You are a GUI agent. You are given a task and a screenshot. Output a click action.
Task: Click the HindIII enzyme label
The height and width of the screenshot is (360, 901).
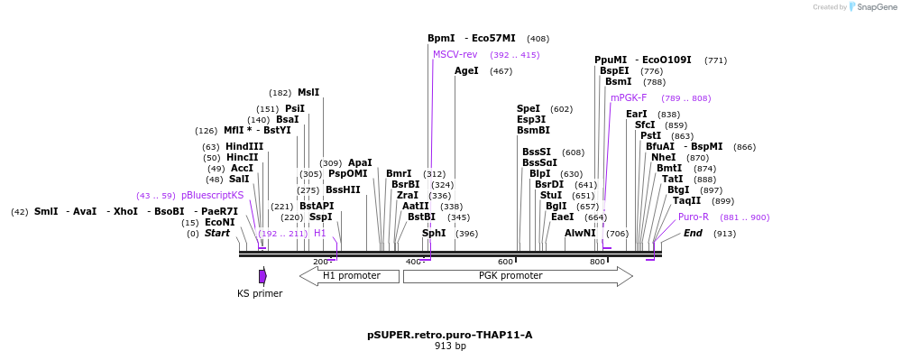tap(244, 146)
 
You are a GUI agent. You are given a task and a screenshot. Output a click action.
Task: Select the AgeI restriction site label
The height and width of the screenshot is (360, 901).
tap(466, 70)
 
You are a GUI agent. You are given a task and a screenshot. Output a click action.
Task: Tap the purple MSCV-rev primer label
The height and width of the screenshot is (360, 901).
tap(455, 54)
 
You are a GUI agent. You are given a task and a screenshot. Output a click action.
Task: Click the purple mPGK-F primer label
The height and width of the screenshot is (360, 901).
tap(629, 97)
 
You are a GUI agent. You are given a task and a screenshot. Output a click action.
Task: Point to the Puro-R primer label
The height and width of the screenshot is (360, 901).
tap(693, 217)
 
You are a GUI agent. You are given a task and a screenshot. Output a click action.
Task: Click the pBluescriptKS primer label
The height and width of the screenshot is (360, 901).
tap(212, 195)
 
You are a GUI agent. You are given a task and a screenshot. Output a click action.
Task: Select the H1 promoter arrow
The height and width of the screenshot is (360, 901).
tap(349, 276)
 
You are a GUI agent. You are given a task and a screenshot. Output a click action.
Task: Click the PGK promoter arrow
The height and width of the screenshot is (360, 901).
tap(518, 276)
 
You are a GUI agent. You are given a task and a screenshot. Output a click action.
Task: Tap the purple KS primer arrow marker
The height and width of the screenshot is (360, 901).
tap(262, 276)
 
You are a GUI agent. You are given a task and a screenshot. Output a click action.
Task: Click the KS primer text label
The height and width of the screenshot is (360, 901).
tap(260, 293)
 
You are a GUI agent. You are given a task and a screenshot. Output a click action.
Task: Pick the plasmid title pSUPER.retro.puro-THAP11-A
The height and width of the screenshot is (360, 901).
tap(449, 335)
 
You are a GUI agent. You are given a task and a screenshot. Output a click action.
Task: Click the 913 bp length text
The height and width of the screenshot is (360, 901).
tap(450, 346)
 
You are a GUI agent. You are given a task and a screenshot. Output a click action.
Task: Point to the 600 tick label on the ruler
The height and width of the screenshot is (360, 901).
tap(505, 262)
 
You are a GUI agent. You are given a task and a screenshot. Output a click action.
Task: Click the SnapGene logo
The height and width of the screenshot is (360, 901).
tap(867, 7)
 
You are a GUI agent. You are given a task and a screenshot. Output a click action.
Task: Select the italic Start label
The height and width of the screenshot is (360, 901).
tap(216, 233)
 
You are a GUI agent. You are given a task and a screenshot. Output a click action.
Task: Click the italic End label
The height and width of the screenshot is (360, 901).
tap(693, 233)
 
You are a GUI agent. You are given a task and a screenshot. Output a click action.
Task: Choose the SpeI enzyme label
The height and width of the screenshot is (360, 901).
tap(529, 108)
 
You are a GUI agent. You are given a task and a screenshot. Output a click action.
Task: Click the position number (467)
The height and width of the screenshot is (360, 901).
tap(501, 70)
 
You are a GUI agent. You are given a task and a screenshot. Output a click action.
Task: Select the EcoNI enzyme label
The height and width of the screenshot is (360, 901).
tap(219, 222)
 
